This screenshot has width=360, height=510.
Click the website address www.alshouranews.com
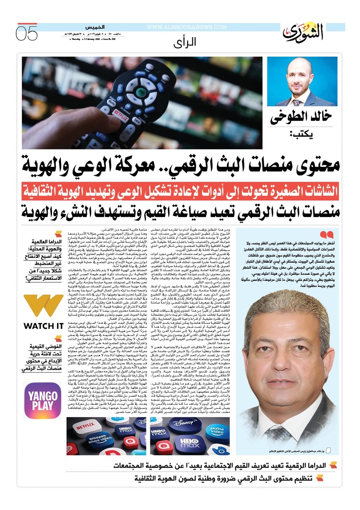pos(186,27)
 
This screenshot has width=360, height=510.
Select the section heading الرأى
pos(185,42)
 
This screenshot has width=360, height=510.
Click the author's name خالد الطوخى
pos(301,117)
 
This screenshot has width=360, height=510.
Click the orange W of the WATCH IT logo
pos(43,306)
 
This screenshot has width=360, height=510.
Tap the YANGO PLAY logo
pos(43,401)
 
